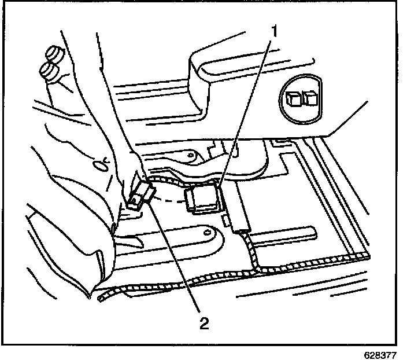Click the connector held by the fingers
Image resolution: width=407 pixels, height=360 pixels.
[140, 193]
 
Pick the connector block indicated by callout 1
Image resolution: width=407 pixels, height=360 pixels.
[206, 199]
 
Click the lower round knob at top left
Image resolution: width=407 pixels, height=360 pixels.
[48, 72]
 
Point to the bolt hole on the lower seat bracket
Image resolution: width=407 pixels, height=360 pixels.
[206, 233]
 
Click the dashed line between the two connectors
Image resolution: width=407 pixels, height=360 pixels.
[171, 200]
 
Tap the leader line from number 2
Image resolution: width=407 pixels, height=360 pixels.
[173, 260]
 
